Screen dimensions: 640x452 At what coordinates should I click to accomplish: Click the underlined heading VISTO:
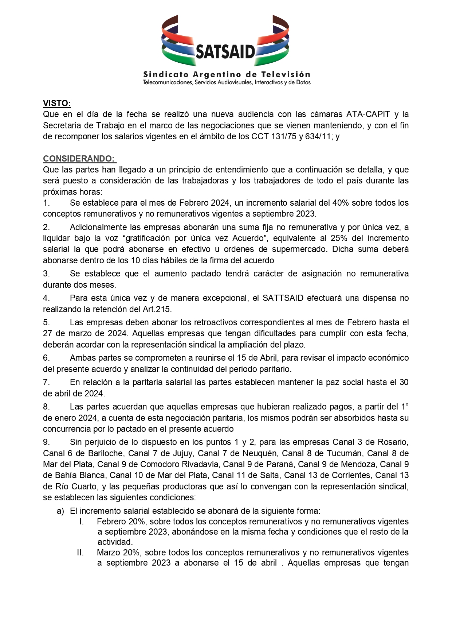[x=57, y=103]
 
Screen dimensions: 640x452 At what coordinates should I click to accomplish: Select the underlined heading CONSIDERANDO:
[x=79, y=159]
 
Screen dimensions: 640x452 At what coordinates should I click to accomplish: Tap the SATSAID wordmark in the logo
[x=225, y=51]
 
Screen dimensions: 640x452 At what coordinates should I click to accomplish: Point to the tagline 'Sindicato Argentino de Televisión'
[x=227, y=74]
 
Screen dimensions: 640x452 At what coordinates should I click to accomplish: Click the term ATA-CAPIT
[x=368, y=114]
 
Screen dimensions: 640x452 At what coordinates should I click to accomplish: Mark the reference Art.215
[x=157, y=309]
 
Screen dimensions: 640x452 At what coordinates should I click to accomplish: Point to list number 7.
[x=46, y=382]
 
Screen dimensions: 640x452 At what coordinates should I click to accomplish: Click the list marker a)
[x=60, y=511]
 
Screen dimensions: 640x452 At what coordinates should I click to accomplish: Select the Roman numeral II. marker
[x=80, y=552]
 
